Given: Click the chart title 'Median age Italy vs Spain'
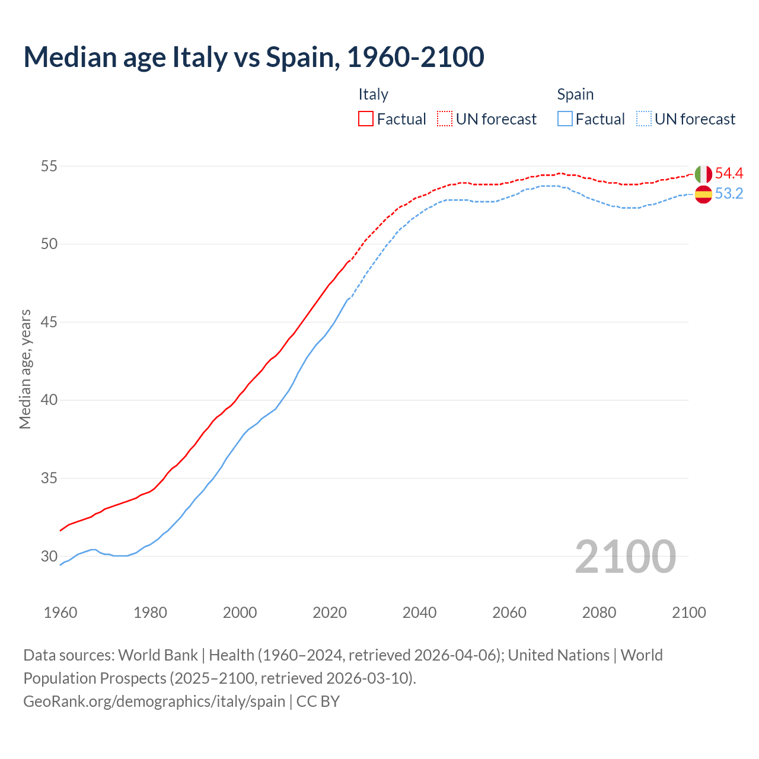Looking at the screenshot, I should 254,57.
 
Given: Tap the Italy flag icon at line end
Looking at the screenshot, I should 703,174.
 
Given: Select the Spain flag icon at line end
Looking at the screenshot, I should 703,194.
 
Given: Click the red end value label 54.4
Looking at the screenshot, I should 729,174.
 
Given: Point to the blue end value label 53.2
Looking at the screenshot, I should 729,194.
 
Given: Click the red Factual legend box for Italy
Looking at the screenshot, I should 366,119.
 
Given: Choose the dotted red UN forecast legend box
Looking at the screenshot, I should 445,119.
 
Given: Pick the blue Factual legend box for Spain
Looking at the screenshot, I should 565,119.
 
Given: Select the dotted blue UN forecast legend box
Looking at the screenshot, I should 644,119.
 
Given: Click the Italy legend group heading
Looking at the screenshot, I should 373,94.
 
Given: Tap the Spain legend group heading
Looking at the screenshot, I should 575,94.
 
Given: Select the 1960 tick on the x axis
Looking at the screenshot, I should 60,613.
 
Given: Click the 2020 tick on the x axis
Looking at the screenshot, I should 330,613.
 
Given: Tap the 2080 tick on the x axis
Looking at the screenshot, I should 599,613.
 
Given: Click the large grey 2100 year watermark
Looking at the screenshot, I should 625,556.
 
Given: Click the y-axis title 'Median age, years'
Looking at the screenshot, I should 25,369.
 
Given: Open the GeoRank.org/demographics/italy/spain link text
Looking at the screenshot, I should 154,701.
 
